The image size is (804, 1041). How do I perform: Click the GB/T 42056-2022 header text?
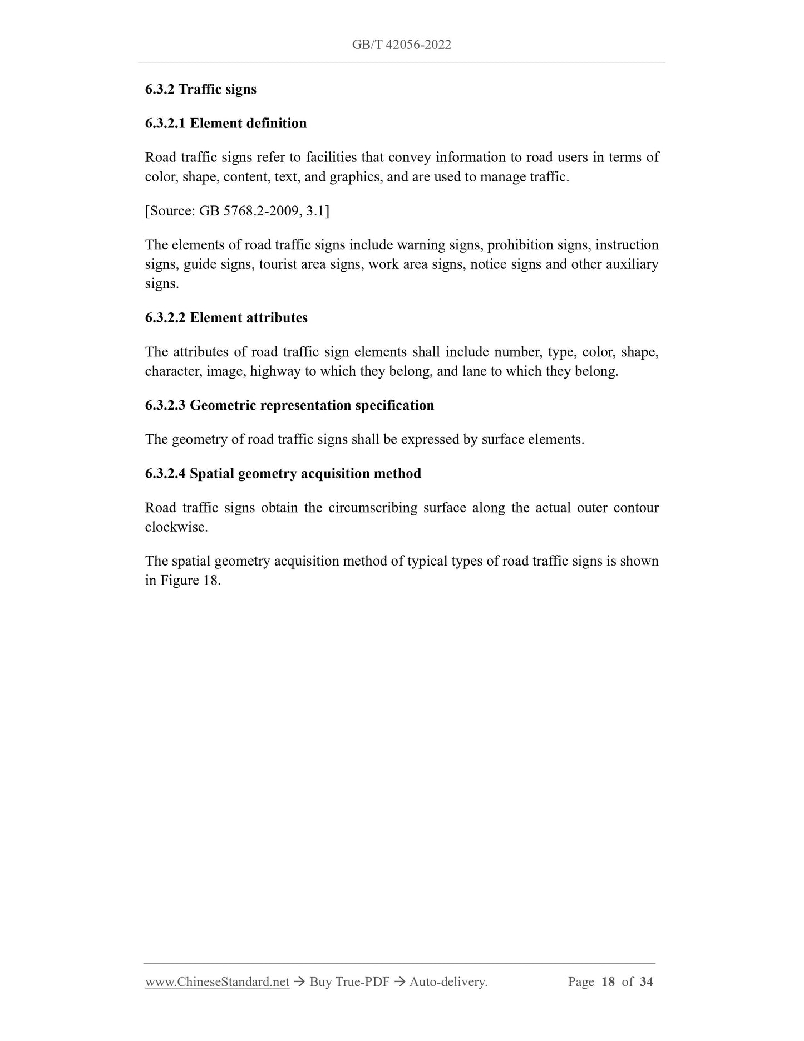[401, 45]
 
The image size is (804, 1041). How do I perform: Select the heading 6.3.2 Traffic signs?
[200, 89]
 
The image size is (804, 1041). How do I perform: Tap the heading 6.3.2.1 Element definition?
[225, 123]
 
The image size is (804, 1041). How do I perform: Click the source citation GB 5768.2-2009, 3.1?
[237, 211]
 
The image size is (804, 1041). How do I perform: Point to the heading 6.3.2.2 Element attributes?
[226, 318]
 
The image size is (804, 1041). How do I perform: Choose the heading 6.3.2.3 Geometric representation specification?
[289, 405]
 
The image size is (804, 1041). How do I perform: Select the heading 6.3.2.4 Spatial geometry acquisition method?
[283, 474]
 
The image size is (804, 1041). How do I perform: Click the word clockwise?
[175, 527]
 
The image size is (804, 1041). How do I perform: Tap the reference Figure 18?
[190, 581]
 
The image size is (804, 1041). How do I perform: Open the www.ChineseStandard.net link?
[217, 982]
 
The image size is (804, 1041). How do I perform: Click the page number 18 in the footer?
[608, 982]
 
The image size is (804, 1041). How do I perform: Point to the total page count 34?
[646, 982]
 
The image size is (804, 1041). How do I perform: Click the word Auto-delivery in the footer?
[447, 982]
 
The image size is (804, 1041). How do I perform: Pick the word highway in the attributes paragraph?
[275, 371]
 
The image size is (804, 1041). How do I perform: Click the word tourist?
[277, 264]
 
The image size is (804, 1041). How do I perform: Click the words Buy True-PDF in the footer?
[349, 982]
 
